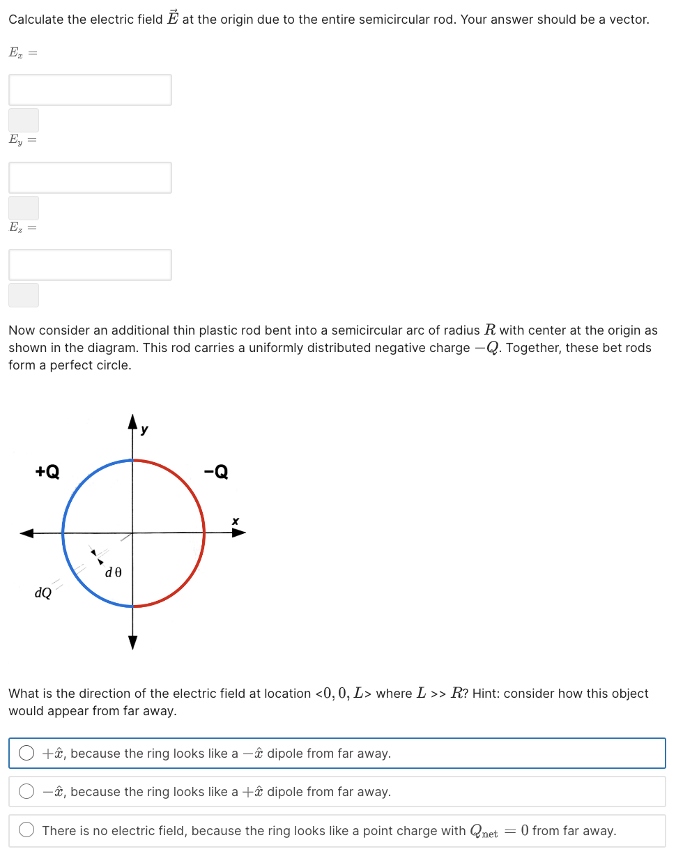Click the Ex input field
90,90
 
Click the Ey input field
90,178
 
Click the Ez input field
90,265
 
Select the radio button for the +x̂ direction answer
26,753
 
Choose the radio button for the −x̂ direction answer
26,791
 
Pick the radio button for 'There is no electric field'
26,830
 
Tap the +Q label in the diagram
47,472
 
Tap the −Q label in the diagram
215,472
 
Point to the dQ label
43,593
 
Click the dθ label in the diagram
114,572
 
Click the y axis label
144,430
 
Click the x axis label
236,521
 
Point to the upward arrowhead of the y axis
132,420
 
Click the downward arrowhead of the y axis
132,642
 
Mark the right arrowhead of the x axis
238,533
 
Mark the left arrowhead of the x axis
26,533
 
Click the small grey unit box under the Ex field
24,120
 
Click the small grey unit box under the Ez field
24,295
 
